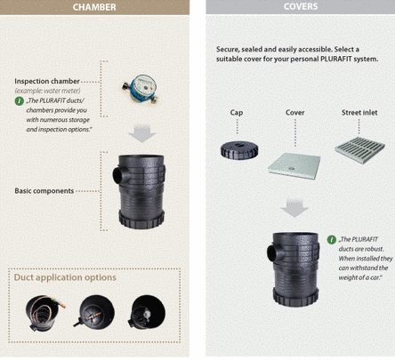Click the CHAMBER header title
[94, 7]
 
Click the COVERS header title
[301, 6]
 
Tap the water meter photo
[140, 89]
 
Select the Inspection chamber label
[47, 81]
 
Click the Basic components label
[44, 191]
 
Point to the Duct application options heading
[65, 277]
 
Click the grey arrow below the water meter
[142, 134]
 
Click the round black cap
[239, 150]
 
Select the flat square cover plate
[294, 165]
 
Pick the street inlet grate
[360, 149]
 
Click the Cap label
[237, 113]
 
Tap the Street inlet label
[359, 113]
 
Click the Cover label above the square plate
[295, 113]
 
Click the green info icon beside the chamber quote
[20, 101]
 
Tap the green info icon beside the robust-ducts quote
[332, 240]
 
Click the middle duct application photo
[94, 312]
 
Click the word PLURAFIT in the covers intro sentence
[336, 59]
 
